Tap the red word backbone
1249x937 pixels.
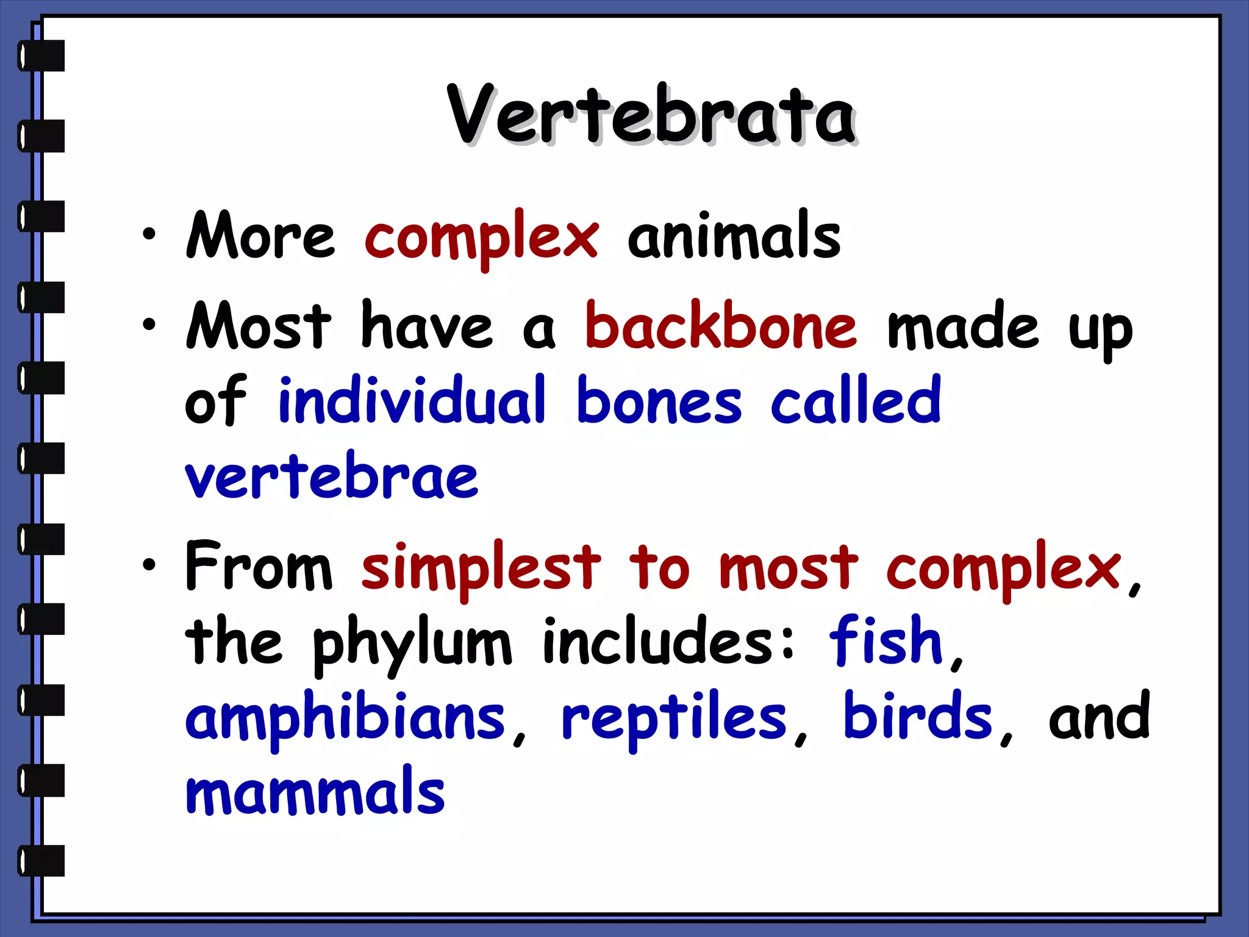pos(721,328)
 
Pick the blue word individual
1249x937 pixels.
pos(412,400)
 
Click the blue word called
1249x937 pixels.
pos(856,400)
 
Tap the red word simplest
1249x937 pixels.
pos(481,567)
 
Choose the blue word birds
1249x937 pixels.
pos(918,717)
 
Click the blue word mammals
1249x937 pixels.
pos(315,792)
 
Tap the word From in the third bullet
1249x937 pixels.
pos(259,566)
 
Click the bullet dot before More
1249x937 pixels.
pos(149,234)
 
